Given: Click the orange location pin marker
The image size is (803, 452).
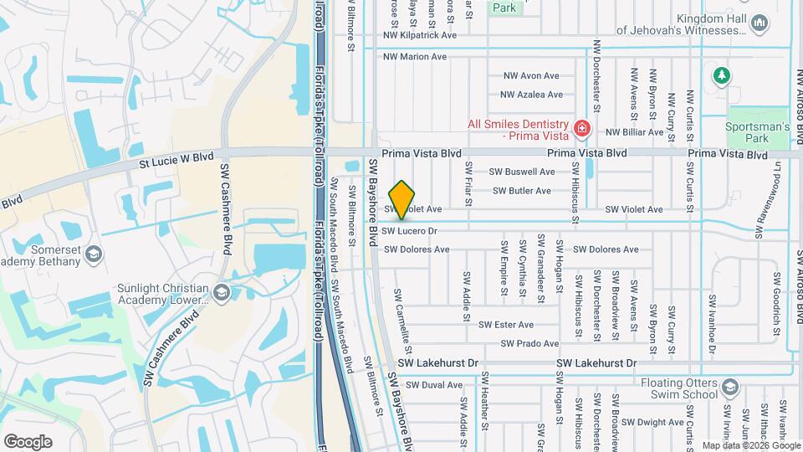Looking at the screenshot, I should pos(402,199).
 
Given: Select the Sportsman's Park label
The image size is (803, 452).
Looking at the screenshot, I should pos(758,132).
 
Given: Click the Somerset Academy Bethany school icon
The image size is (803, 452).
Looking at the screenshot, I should pos(95,253).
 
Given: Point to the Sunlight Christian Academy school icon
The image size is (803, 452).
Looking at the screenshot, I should pos(221,291).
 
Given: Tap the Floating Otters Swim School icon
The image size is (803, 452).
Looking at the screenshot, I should pos(730,386).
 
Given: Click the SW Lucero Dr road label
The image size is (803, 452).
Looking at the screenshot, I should pos(410,230).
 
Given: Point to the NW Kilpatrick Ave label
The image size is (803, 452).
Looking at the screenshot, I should pos(420,36).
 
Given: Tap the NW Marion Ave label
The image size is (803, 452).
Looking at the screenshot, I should pos(415,57).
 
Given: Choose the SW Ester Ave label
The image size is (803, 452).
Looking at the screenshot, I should pos(506,325).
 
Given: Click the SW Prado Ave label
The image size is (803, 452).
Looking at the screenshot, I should pos(529,344).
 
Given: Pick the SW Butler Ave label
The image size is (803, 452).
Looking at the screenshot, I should pos(522,191).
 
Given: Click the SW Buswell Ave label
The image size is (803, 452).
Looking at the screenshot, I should pos(522,172).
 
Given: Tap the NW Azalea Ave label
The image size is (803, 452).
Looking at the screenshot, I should pos(533,95).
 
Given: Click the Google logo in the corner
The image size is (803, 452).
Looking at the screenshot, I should pos(28,441).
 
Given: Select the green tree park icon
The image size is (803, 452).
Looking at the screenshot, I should pos(721,76).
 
